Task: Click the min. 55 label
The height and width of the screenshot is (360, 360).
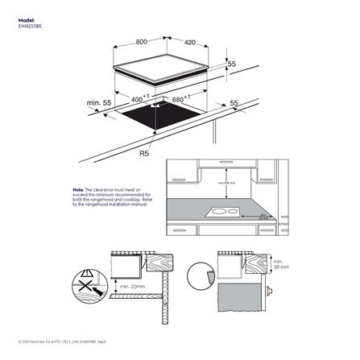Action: click(x=99, y=103)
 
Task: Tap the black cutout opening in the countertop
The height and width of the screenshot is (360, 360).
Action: click(x=161, y=123)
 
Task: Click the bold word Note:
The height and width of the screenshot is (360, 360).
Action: click(x=78, y=188)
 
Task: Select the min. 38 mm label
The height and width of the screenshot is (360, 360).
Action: click(x=279, y=267)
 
